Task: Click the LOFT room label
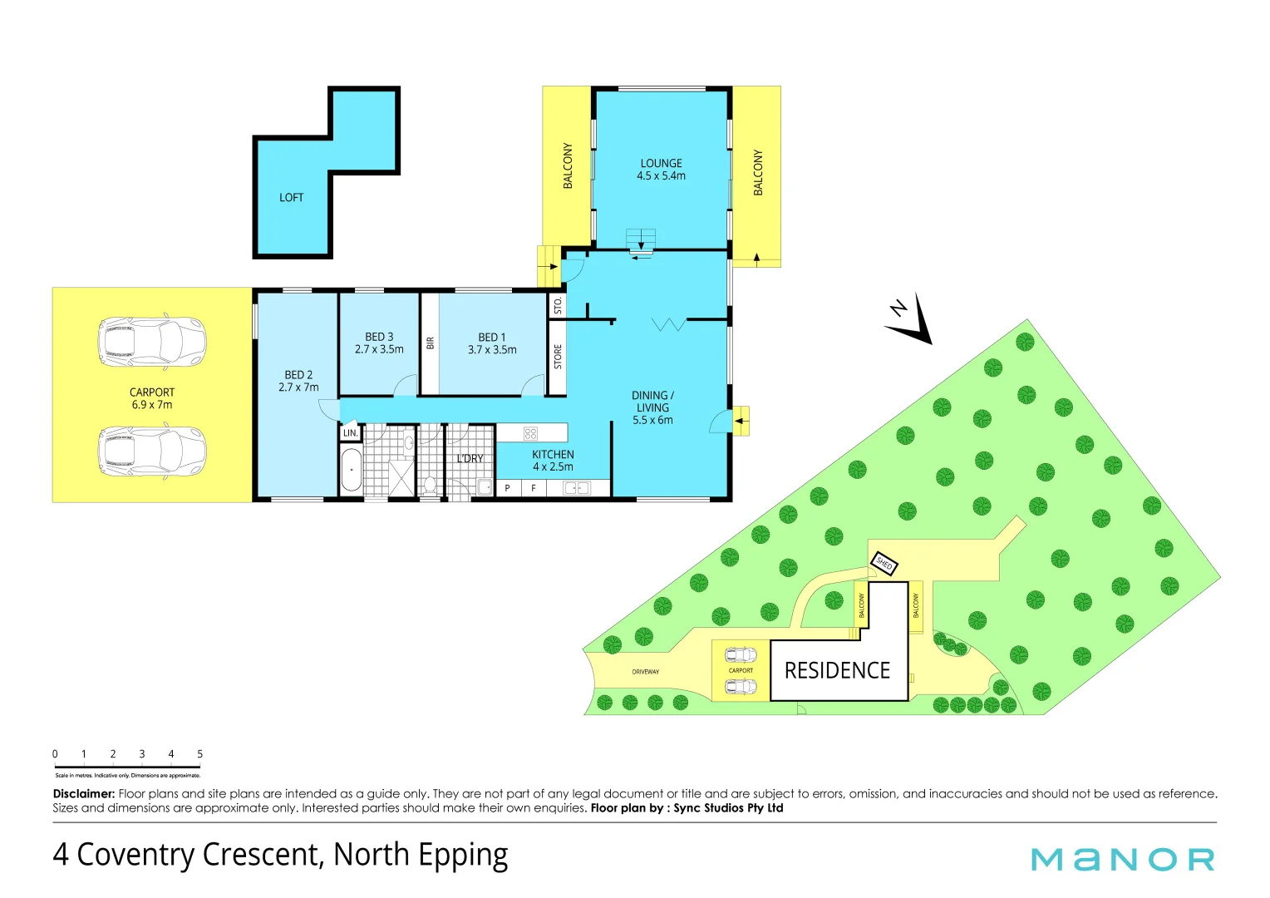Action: click(x=291, y=198)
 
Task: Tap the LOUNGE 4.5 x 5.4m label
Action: click(x=661, y=170)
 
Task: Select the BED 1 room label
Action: click(x=492, y=343)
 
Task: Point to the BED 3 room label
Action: click(x=379, y=343)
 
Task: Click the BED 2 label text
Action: click(x=298, y=381)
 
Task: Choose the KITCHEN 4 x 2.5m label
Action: click(x=553, y=461)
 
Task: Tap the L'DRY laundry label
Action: click(x=470, y=459)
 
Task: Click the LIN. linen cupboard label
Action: click(x=351, y=433)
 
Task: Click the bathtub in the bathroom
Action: click(x=351, y=470)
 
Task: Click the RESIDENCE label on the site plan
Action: click(x=837, y=671)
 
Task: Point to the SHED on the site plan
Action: click(x=884, y=565)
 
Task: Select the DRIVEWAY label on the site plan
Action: click(x=645, y=672)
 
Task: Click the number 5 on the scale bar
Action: click(x=199, y=754)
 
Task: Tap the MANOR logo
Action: click(x=1122, y=859)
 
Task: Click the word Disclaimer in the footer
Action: click(x=83, y=794)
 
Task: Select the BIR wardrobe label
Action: click(x=430, y=343)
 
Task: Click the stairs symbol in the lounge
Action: click(x=641, y=239)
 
